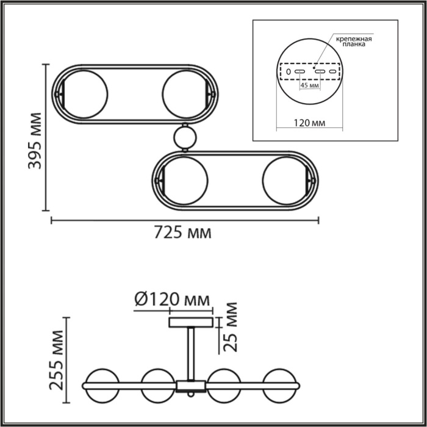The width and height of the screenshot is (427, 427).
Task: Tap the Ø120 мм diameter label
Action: click(171, 300)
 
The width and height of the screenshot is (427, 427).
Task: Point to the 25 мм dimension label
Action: click(230, 328)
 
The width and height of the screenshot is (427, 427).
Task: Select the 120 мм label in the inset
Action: click(309, 123)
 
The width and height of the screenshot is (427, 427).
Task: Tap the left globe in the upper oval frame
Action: click(85, 95)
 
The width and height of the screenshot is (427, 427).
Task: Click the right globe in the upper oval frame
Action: click(185, 95)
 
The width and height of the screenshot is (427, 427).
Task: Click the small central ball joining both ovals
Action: click(185, 137)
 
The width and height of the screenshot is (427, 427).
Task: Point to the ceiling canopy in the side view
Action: click(191, 321)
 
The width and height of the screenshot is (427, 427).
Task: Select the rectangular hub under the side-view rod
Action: click(192, 386)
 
